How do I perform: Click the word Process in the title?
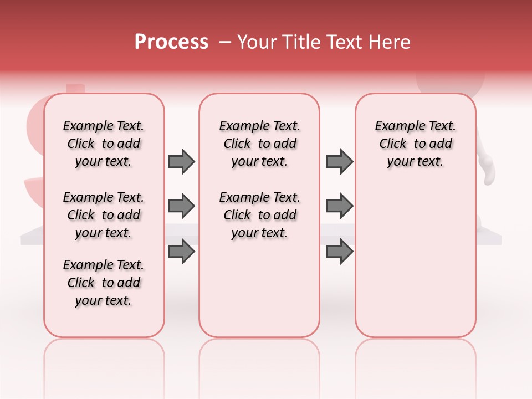click(x=171, y=42)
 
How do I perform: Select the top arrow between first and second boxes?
click(x=181, y=161)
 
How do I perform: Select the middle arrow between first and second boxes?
click(x=181, y=207)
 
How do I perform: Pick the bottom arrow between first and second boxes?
click(x=181, y=252)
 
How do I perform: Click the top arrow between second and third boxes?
click(x=339, y=161)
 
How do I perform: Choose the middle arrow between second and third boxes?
click(x=339, y=207)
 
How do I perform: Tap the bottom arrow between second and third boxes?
click(x=339, y=252)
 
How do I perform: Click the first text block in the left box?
click(x=104, y=144)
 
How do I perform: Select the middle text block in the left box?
click(x=104, y=215)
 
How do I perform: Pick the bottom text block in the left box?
click(x=104, y=283)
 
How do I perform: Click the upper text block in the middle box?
click(x=259, y=144)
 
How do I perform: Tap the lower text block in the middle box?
click(x=259, y=215)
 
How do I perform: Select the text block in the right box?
click(x=415, y=144)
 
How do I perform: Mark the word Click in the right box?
click(x=393, y=144)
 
